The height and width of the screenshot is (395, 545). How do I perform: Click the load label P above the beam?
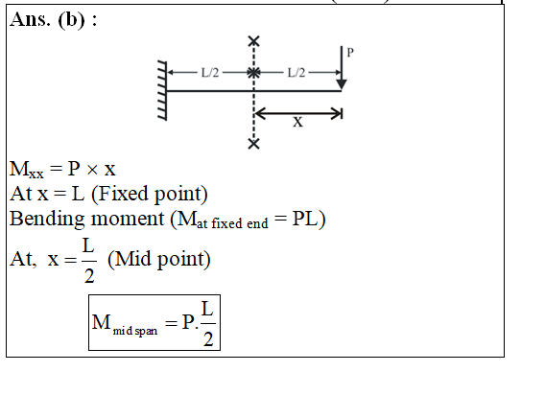[350, 53]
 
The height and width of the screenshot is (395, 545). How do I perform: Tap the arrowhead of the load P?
[342, 84]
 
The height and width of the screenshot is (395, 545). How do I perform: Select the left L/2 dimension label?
[210, 73]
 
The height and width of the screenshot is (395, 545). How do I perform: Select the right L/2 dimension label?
[296, 73]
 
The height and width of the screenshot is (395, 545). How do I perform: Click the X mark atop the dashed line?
[254, 41]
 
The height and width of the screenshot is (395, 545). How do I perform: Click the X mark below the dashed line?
[254, 144]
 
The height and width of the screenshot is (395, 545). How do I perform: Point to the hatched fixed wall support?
[162, 91]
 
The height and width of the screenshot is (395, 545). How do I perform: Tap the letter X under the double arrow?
[297, 123]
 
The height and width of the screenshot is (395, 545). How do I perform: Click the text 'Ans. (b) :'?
[54, 20]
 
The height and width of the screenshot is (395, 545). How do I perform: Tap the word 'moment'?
[128, 220]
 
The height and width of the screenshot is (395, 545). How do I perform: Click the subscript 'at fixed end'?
[232, 223]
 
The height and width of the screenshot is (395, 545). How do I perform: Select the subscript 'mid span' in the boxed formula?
[135, 331]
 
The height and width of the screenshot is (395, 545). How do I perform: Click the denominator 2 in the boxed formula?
[208, 339]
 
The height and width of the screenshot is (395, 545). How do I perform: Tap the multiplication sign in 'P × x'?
[92, 170]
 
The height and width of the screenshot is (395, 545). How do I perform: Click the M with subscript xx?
[27, 170]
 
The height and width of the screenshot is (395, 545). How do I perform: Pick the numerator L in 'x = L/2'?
[88, 246]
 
